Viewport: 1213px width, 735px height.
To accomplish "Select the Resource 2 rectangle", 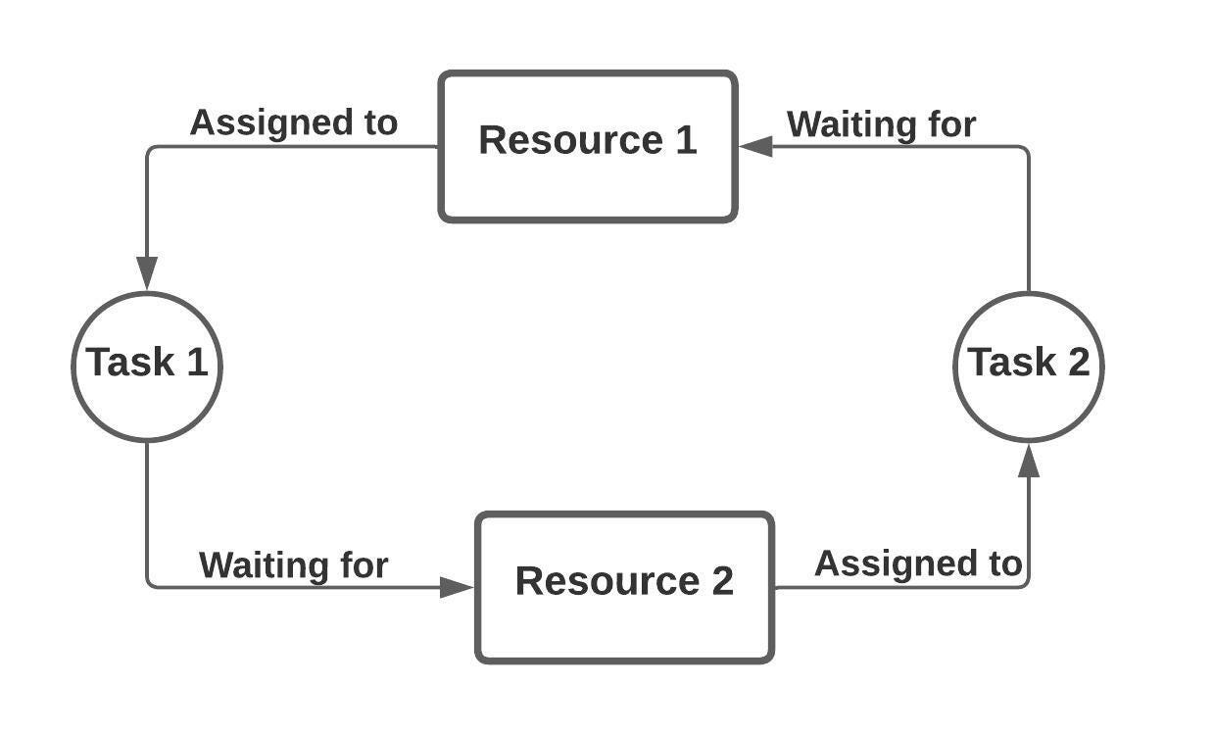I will pyautogui.click(x=624, y=587).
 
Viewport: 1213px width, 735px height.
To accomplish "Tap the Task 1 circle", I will pyautogui.click(x=147, y=366).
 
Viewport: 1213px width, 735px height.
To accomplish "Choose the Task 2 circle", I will pyautogui.click(x=1028, y=366).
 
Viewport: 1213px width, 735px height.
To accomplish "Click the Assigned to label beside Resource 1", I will pyautogui.click(x=293, y=122).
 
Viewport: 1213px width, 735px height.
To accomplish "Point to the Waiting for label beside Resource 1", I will pyautogui.click(x=881, y=124).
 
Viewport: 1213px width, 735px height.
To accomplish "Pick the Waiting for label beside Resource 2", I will pyautogui.click(x=293, y=564).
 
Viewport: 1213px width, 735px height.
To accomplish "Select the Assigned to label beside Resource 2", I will pyautogui.click(x=917, y=563).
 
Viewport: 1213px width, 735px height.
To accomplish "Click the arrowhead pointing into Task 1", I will pyautogui.click(x=147, y=273).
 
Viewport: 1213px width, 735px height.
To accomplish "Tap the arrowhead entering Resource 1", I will pyautogui.click(x=755, y=147).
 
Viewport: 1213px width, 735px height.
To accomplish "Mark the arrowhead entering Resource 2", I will pyautogui.click(x=457, y=587).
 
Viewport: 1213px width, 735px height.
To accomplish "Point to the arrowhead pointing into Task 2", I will pyautogui.click(x=1028, y=460).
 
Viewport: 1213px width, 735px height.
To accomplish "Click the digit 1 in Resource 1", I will pyautogui.click(x=684, y=140).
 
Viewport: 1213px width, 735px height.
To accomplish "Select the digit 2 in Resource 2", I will pyautogui.click(x=720, y=580).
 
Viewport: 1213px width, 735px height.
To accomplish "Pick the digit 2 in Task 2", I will pyautogui.click(x=1077, y=362).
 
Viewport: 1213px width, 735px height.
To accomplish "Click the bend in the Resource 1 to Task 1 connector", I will pyautogui.click(x=149, y=149).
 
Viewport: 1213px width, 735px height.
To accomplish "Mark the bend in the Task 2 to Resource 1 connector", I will pyautogui.click(x=1026, y=149).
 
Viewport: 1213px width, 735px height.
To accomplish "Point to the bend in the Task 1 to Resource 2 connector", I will pyautogui.click(x=149, y=585).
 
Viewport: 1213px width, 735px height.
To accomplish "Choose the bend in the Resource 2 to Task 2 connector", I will pyautogui.click(x=1026, y=585).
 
